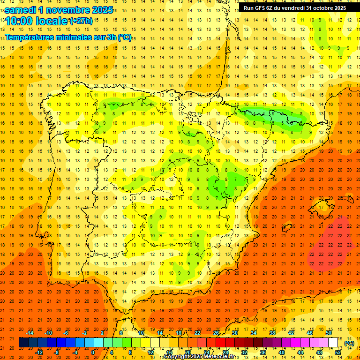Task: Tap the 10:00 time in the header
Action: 21,21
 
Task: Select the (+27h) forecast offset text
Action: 81,21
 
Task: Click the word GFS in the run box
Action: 261,8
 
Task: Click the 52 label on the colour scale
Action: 338,352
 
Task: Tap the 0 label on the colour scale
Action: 92,352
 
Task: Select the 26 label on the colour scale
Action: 216,333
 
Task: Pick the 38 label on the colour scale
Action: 272,333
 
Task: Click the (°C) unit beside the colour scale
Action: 349,343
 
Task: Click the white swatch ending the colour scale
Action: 333,343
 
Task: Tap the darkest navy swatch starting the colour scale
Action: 23,343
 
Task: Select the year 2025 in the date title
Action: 102,10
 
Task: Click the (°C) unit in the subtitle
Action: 125,37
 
